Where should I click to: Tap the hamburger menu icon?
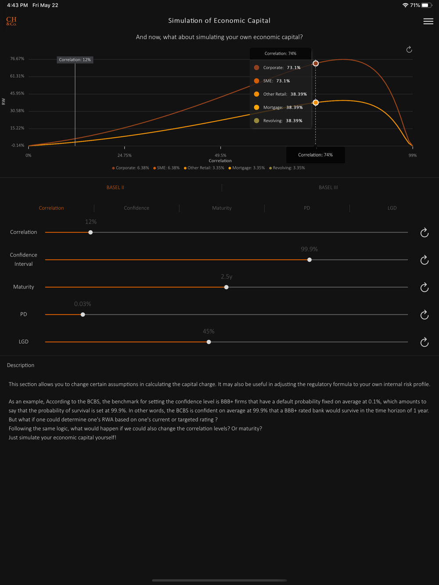428,21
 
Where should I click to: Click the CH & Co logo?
11,21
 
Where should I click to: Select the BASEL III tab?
328,187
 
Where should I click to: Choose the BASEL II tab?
115,187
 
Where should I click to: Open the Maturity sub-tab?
222,208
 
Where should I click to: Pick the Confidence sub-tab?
137,208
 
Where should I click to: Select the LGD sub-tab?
392,208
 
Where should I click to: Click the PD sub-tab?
307,208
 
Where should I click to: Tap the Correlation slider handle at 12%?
90,232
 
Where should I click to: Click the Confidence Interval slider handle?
309,260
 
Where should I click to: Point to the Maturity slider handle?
227,287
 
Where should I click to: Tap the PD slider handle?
83,314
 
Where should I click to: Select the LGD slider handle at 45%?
209,342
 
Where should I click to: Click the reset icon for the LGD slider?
424,342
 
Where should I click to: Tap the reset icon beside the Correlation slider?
424,232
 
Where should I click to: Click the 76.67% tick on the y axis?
18,59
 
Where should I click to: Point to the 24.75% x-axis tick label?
124,155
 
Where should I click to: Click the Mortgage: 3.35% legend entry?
247,168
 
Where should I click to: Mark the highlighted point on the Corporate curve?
316,64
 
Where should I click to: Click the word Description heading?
21,365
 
